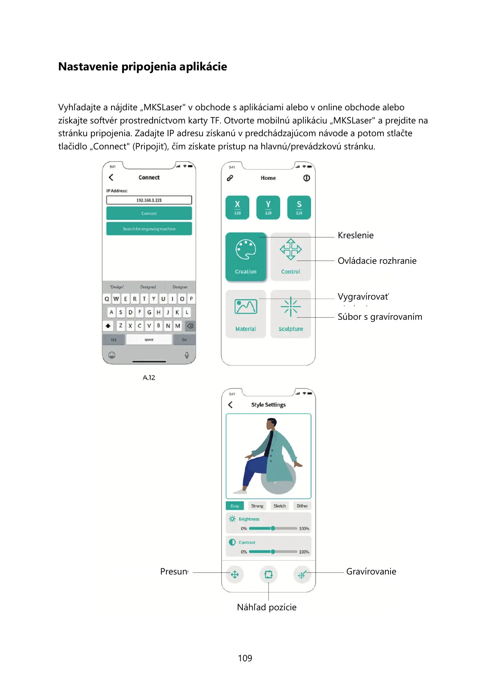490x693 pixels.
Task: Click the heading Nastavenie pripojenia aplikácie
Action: tap(142, 67)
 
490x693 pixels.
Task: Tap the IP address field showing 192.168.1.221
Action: tap(149, 200)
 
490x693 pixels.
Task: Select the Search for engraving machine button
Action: tap(149, 229)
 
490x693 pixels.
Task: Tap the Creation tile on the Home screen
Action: tap(246, 257)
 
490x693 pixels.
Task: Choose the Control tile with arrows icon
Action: tap(290, 257)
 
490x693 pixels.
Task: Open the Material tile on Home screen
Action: tap(246, 314)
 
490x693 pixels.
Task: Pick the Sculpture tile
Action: tap(290, 314)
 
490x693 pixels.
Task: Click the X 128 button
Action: tap(237, 207)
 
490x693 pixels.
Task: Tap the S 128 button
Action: tap(299, 207)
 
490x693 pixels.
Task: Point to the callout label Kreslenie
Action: tap(355, 235)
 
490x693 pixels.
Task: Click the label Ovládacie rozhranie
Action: tap(377, 261)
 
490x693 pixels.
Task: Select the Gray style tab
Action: tap(235, 506)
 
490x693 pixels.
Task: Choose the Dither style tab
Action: tap(302, 506)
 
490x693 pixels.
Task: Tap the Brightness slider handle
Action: tap(273, 528)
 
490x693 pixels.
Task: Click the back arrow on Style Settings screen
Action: tap(230, 405)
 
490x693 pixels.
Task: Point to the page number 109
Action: tap(245, 658)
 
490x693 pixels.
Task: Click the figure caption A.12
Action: tap(149, 378)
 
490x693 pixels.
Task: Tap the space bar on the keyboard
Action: tap(149, 340)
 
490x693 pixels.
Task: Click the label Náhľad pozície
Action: tap(267, 607)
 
